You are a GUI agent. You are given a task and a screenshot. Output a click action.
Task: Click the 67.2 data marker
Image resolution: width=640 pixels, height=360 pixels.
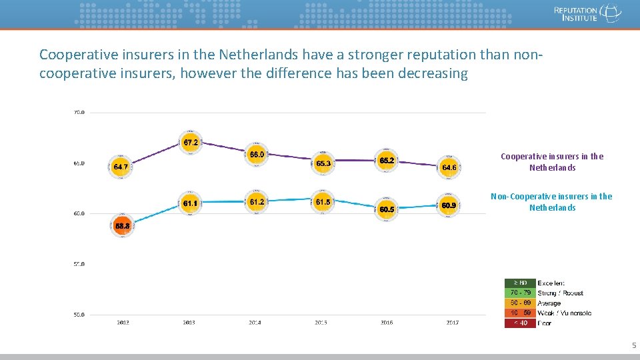tap(190, 143)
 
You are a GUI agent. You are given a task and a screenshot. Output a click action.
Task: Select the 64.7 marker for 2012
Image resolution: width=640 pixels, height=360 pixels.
tap(121, 167)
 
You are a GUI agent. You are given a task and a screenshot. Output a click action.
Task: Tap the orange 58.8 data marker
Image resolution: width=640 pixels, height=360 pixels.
tap(122, 226)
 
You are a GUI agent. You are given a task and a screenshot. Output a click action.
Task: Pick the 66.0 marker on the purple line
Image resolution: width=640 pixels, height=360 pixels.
tap(257, 155)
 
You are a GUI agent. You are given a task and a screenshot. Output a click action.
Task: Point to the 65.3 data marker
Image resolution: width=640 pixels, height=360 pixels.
tap(323, 163)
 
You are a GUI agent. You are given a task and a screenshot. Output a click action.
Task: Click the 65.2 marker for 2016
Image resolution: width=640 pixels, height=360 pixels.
tap(387, 161)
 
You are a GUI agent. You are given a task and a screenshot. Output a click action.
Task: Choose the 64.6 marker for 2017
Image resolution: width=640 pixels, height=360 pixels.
tap(449, 167)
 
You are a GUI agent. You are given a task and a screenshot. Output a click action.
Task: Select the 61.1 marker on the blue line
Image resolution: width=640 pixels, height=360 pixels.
tap(190, 203)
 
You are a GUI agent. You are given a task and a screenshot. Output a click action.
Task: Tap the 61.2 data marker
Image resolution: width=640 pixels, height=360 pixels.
tap(257, 201)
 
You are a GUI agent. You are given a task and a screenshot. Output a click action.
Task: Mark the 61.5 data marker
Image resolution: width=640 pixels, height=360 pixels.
tap(323, 202)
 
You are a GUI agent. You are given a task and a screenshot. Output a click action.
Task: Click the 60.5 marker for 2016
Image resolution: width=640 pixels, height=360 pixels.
tap(387, 209)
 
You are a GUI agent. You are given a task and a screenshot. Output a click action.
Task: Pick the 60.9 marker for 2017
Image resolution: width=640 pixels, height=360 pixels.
tap(449, 205)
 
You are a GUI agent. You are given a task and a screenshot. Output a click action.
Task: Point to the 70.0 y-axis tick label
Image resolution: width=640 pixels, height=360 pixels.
tap(79, 113)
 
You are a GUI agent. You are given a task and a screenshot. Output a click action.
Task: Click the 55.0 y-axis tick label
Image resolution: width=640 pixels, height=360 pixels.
tap(79, 264)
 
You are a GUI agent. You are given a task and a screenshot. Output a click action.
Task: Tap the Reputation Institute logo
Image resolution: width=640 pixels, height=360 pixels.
tap(587, 13)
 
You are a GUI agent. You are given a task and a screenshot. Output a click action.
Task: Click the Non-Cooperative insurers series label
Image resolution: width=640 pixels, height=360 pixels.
tap(551, 202)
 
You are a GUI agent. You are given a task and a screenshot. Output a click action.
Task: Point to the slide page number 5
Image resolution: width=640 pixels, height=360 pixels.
tap(633, 345)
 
